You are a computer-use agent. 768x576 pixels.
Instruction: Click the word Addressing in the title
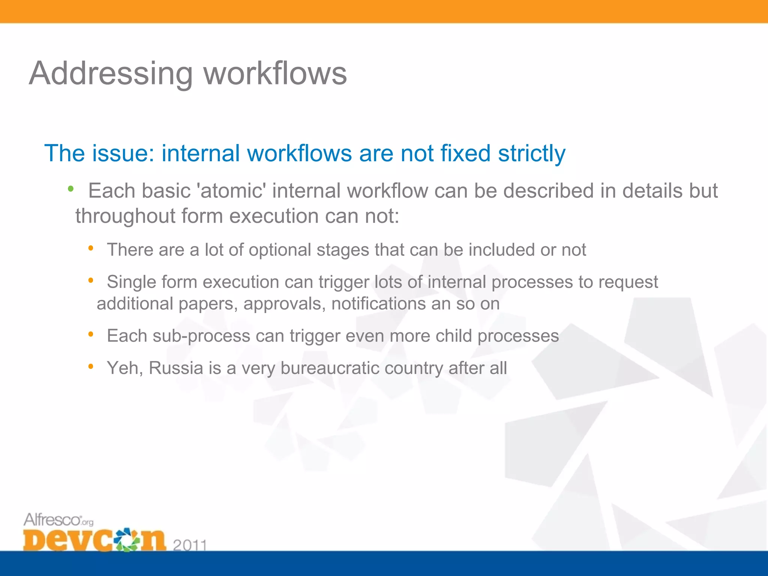[x=111, y=73]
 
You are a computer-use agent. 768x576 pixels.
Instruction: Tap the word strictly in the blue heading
[x=531, y=154]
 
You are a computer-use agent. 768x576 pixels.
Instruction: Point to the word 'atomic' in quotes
[x=231, y=191]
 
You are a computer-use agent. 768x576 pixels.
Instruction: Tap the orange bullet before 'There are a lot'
[x=91, y=248]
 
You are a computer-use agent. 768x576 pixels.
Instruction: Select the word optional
[x=280, y=250]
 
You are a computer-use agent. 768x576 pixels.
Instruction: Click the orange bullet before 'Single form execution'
[x=91, y=280]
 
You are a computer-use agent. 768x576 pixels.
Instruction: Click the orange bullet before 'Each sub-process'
[x=91, y=334]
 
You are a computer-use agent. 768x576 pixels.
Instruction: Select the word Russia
[x=176, y=368]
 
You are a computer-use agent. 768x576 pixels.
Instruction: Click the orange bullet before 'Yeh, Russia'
[x=91, y=366]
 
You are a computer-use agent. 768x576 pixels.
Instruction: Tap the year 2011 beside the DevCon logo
[x=190, y=544]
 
